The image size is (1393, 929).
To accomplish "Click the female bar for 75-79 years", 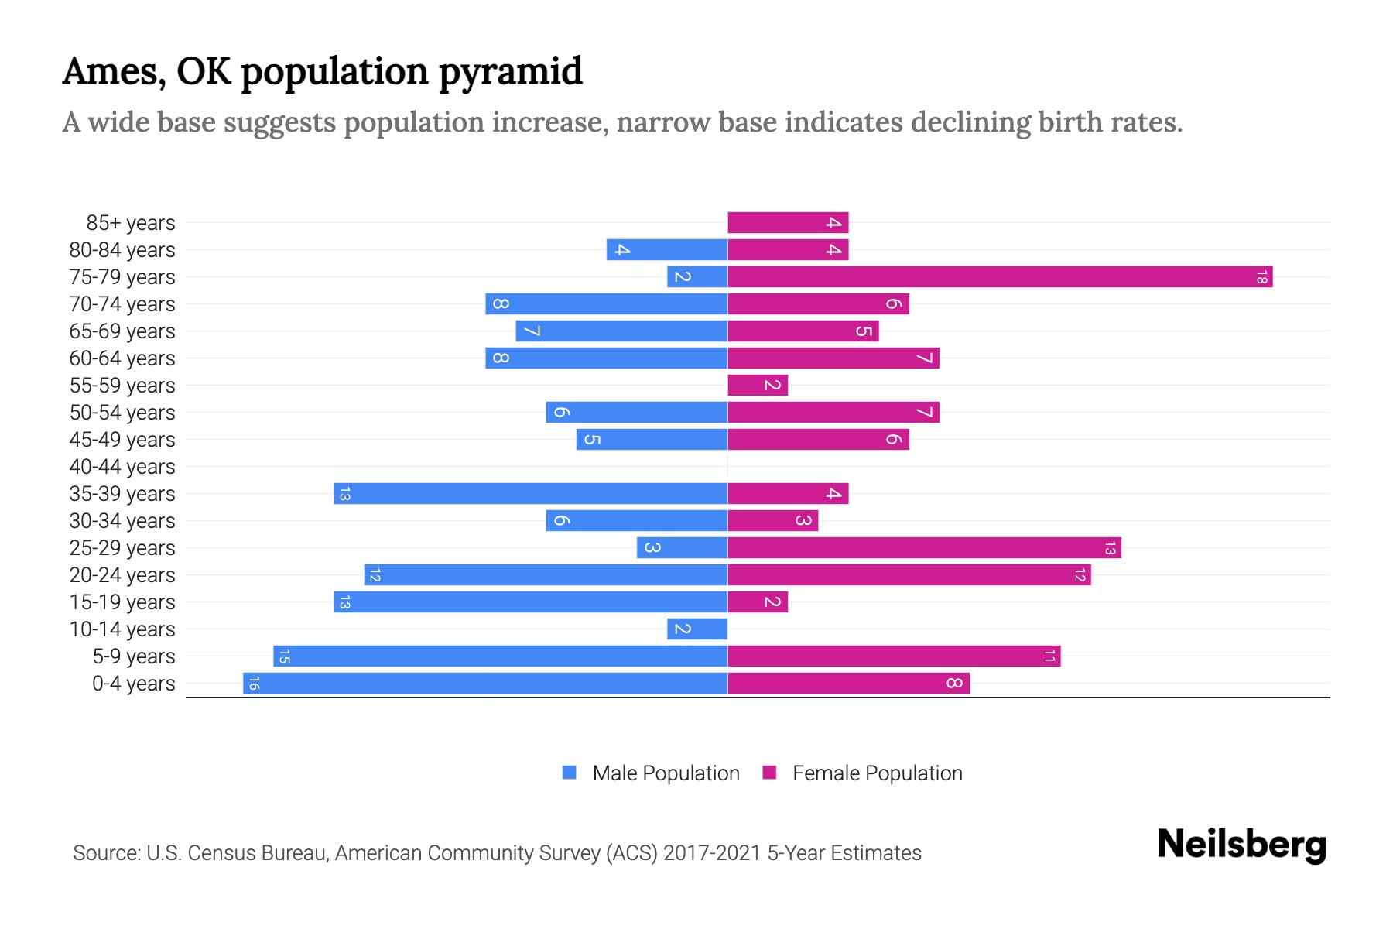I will coord(1000,277).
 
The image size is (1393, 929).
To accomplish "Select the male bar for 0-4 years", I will coord(485,684).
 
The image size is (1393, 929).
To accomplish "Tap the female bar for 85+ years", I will coord(788,223).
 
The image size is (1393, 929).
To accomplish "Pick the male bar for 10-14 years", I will coord(697,629).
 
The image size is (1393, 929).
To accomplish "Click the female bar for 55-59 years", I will coord(758,386).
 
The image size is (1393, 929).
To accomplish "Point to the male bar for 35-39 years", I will coord(531,494).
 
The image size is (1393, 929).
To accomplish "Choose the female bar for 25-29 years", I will coord(924,548).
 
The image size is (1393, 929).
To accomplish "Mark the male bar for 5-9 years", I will coord(500,656).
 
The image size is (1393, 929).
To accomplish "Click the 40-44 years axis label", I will coord(122,467).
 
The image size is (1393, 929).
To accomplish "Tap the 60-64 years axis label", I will coord(122,358).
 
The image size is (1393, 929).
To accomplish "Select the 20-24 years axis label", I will coord(122,575).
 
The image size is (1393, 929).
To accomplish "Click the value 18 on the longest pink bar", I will coord(1261,277).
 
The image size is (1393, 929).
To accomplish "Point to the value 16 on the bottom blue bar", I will coord(253,684).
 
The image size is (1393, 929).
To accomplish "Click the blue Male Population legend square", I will coord(570,773).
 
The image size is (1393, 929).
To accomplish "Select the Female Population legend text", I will coord(877,773).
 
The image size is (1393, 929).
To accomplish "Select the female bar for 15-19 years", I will coord(758,602).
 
